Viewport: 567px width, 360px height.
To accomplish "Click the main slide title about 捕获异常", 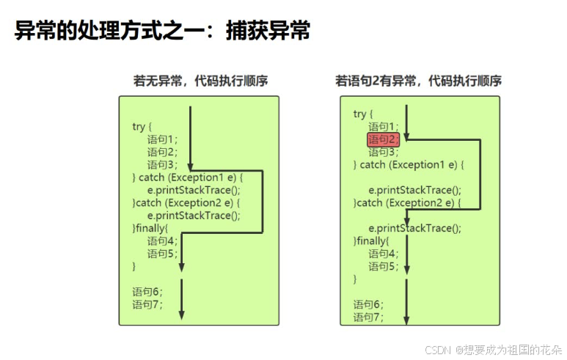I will click(x=162, y=31).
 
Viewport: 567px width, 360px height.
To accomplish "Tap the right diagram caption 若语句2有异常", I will click(x=419, y=81).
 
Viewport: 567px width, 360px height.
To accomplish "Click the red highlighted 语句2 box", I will click(x=384, y=139).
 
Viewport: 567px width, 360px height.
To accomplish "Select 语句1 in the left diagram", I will click(x=162, y=139).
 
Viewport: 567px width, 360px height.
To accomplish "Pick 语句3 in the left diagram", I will click(x=162, y=164).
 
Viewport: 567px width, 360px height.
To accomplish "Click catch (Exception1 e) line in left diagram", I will click(x=187, y=177).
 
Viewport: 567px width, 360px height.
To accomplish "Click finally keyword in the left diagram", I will click(x=150, y=228).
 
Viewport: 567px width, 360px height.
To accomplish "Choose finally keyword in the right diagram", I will click(x=371, y=240).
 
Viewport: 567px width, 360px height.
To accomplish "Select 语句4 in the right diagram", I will click(x=384, y=254).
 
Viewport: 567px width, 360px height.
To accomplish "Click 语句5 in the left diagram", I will click(x=162, y=254).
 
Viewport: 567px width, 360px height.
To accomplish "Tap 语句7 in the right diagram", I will click(x=368, y=317).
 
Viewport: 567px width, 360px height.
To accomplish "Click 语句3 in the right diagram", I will click(x=384, y=152).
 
